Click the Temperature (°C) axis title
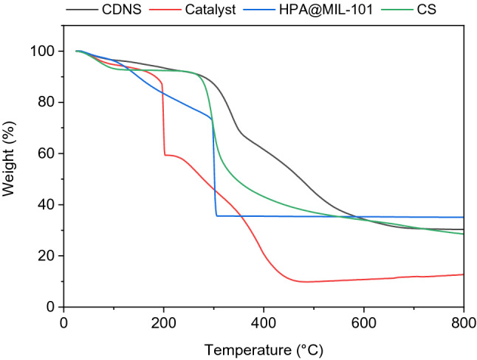tap(263, 347)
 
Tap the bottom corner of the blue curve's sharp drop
tap(217, 215)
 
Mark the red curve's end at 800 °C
tap(463, 274)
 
